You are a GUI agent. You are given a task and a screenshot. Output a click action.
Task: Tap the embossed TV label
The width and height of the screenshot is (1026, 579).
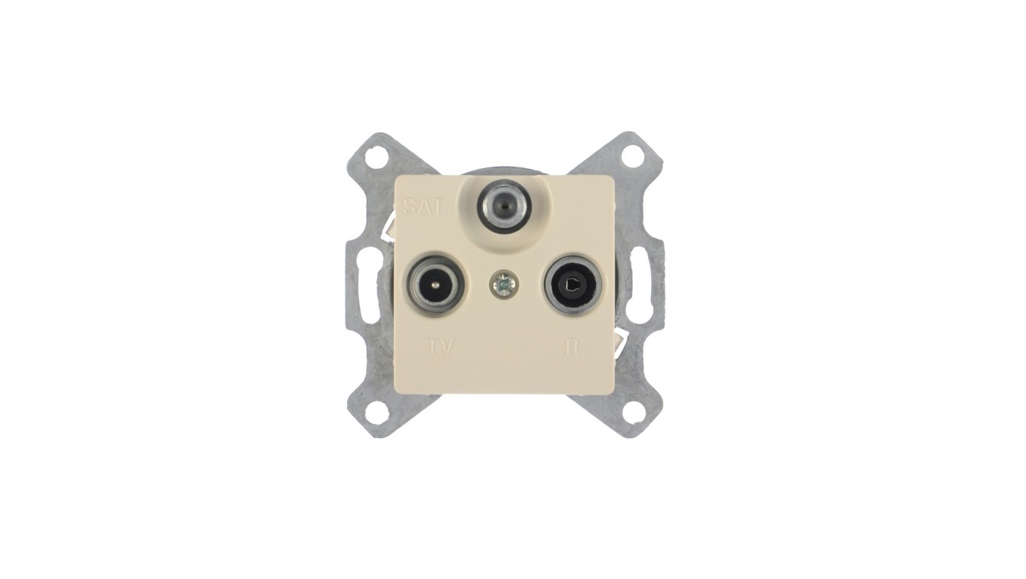[440, 347]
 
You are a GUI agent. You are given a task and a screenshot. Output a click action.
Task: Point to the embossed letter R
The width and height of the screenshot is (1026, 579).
[571, 347]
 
